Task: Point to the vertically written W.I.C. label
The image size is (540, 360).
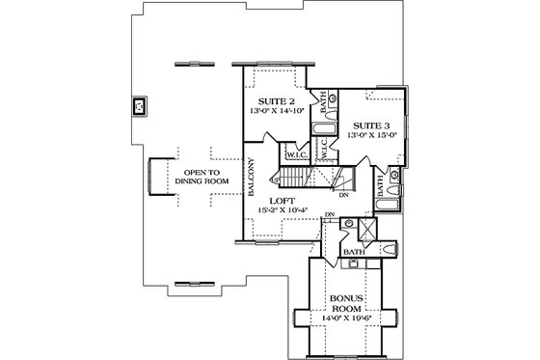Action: click(324, 149)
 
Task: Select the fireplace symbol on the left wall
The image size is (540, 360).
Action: click(139, 105)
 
